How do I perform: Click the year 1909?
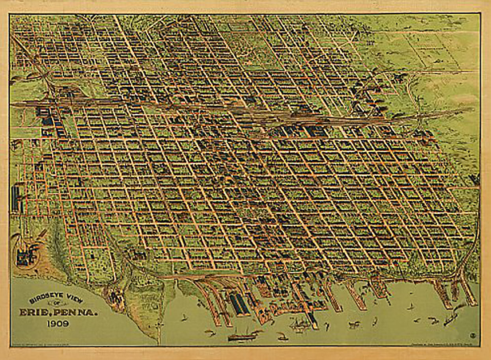coord(58,325)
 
